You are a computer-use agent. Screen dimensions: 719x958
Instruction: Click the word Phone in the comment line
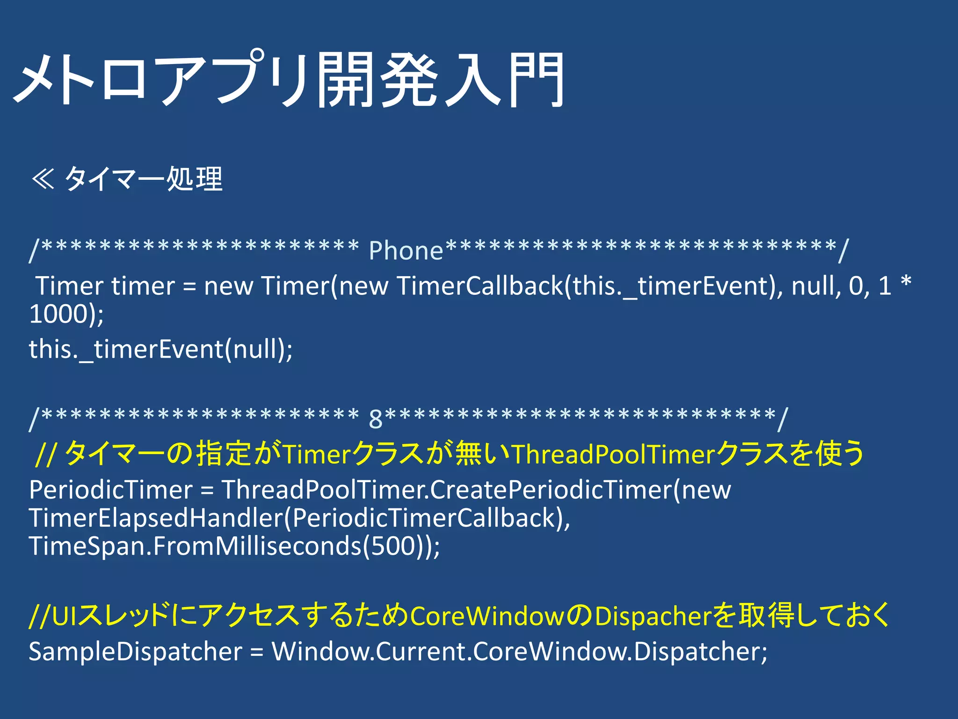406,250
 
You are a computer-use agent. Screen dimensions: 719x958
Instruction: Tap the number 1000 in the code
60,314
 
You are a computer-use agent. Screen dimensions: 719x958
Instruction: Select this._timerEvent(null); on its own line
160,349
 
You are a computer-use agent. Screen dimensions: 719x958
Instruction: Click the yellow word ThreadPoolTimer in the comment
613,454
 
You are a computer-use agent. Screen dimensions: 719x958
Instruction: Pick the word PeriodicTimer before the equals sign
111,490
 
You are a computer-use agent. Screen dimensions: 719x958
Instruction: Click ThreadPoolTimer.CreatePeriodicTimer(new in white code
476,490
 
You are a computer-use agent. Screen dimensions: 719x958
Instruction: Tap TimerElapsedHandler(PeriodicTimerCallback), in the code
299,518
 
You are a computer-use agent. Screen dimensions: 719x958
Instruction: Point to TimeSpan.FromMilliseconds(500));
234,546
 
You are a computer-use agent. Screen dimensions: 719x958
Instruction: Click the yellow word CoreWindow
486,616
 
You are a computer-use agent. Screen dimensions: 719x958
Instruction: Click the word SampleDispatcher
136,651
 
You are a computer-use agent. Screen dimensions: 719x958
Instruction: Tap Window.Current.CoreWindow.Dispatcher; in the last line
519,651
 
